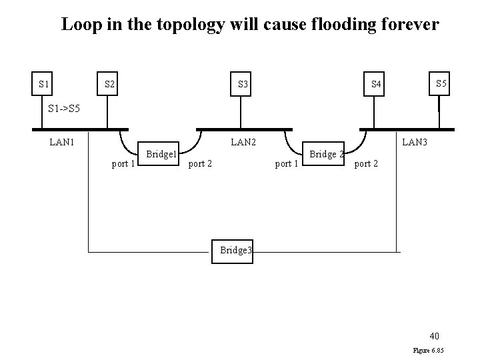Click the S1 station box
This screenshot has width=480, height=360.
pos(44,84)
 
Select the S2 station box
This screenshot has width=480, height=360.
pos(110,84)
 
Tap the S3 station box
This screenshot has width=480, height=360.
pos(243,84)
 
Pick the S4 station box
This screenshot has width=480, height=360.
pos(377,84)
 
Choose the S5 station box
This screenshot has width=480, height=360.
pos(441,84)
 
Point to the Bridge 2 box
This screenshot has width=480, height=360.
pos(325,154)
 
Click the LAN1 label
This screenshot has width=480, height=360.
pos(62,141)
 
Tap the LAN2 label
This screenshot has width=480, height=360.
pos(243,141)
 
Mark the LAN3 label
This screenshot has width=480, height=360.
pos(415,141)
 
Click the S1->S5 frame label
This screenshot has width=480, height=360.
pos(64,107)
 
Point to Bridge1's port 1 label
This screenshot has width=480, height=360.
pos(123,163)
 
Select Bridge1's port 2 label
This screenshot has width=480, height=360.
pos(201,163)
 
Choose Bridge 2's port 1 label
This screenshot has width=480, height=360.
pos(287,163)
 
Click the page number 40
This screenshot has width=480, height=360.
pos(433,335)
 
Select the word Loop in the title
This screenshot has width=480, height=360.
pos(79,25)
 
